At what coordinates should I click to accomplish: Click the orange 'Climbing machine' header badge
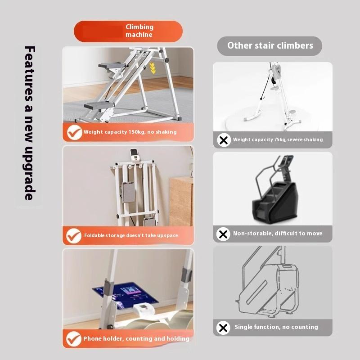129,31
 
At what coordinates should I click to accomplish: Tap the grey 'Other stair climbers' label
270,45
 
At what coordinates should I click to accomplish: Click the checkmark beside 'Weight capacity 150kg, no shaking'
74,132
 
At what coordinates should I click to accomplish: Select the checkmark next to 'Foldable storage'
74,235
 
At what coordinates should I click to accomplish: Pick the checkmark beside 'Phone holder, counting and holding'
74,338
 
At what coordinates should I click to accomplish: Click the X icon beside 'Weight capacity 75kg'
223,140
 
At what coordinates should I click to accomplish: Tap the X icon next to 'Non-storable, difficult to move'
223,234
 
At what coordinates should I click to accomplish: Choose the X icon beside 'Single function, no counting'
223,328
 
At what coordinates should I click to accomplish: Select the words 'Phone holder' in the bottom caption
103,338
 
